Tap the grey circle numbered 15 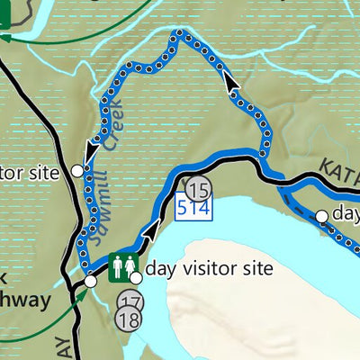[x=200, y=189]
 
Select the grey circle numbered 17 [x=130, y=302]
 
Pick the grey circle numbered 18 [x=130, y=319]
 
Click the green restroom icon [x=121, y=267]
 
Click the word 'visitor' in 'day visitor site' [x=207, y=268]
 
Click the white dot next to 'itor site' [x=77, y=169]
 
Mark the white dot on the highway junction [x=89, y=283]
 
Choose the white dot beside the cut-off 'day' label [x=321, y=216]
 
